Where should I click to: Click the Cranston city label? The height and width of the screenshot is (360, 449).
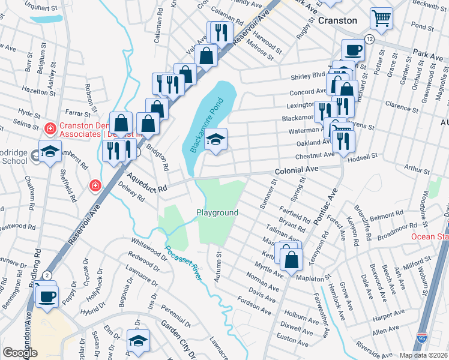(x=337, y=20)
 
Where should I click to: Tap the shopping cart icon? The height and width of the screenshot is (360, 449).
(x=381, y=18)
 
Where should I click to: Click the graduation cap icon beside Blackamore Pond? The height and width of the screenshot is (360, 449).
(x=216, y=139)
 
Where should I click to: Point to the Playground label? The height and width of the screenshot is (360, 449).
(x=217, y=212)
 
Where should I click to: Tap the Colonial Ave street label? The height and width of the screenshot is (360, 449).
(x=296, y=171)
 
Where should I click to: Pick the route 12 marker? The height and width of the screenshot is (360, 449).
(x=369, y=38)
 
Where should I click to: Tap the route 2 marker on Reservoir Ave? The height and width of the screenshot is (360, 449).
(x=46, y=275)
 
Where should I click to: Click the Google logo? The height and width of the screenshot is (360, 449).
(x=20, y=353)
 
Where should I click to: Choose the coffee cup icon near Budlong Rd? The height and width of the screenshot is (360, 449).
(x=46, y=295)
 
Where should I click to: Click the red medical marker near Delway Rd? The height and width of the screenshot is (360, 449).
(x=94, y=186)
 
